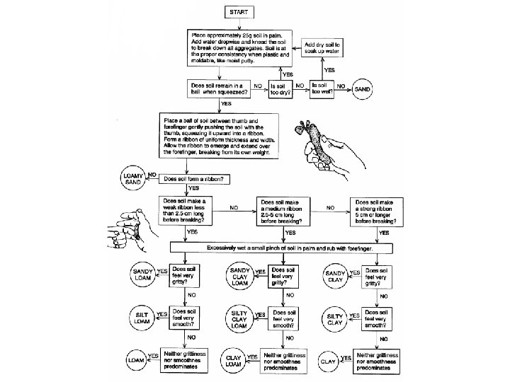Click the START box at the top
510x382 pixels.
[244, 13]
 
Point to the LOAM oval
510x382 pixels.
[135, 359]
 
